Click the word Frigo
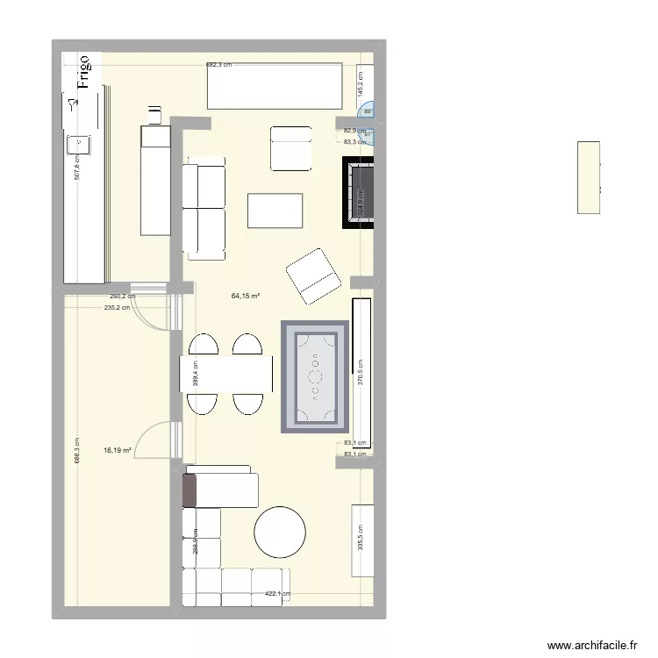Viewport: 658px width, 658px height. pyautogui.click(x=84, y=73)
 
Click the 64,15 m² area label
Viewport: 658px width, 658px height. pyautogui.click(x=246, y=296)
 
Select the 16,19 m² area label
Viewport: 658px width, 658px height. pyautogui.click(x=118, y=451)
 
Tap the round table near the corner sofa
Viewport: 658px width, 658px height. pyautogui.click(x=280, y=532)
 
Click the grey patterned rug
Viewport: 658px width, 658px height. pyautogui.click(x=314, y=377)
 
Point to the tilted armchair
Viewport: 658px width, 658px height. pyautogui.click(x=313, y=276)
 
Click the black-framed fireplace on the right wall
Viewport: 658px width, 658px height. pyautogui.click(x=359, y=193)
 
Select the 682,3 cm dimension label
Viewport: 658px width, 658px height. pyautogui.click(x=222, y=64)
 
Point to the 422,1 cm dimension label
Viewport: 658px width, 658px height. pyautogui.click(x=278, y=594)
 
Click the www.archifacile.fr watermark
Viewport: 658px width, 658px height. pyautogui.click(x=592, y=646)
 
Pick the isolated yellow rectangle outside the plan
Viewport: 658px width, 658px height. pyautogui.click(x=589, y=177)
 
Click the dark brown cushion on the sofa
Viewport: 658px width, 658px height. pyautogui.click(x=189, y=490)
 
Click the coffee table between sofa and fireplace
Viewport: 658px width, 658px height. pyautogui.click(x=275, y=211)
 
